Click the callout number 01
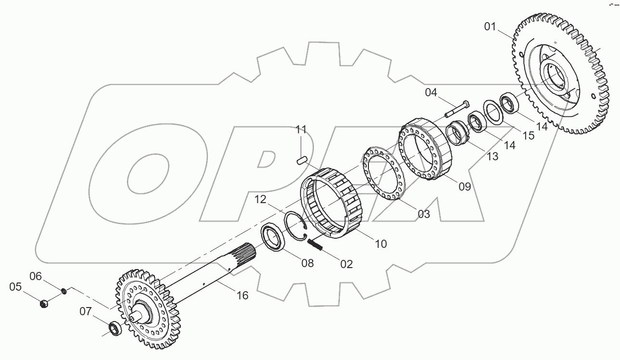490,26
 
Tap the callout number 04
431,92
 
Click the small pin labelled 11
302,160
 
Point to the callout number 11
301,129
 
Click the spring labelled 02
315,244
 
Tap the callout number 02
346,264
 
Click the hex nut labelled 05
43,304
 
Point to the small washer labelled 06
63,291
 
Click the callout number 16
242,295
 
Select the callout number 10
380,244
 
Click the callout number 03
423,214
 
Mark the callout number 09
464,187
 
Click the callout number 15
529,136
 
